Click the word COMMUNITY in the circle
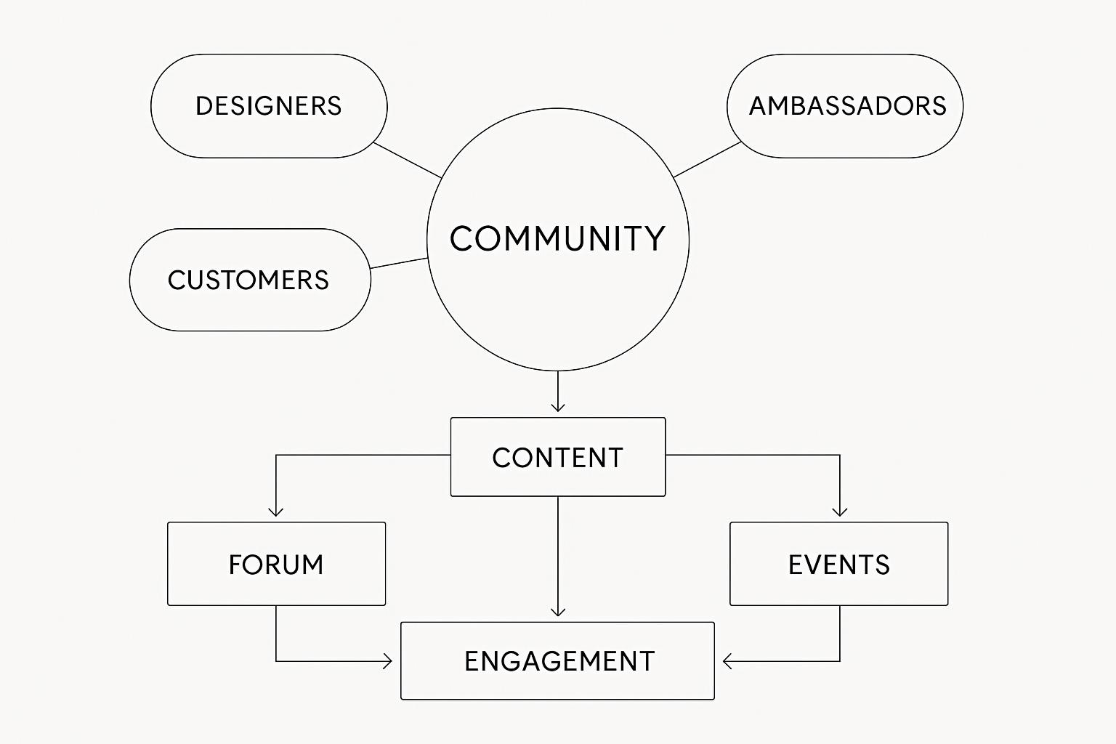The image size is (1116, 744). click(557, 238)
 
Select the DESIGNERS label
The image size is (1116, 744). click(269, 106)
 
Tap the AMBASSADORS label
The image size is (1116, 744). click(847, 106)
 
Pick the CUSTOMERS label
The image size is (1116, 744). click(248, 280)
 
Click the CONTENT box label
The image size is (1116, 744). click(557, 458)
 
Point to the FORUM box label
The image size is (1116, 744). click(276, 565)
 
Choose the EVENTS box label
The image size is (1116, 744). click(838, 565)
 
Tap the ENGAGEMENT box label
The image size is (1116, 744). click(559, 661)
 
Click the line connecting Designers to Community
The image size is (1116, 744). click(407, 160)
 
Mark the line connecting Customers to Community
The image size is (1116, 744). click(399, 263)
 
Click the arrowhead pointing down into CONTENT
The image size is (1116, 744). click(557, 408)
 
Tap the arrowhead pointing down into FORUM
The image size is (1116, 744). click(276, 511)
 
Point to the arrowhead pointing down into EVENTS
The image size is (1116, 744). click(840, 511)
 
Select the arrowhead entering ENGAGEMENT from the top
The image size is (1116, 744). click(557, 612)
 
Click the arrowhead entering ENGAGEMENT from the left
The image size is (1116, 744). click(387, 661)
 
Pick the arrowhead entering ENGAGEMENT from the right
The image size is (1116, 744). click(727, 661)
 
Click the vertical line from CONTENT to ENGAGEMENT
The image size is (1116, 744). click(557, 552)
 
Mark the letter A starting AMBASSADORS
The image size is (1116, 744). click(759, 106)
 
